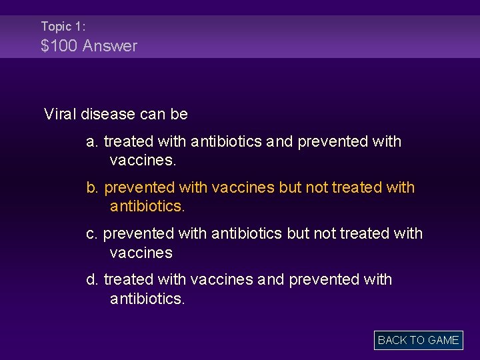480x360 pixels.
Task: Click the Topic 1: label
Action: (x=63, y=27)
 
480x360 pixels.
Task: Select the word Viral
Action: (x=60, y=114)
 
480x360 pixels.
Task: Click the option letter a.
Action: (x=92, y=141)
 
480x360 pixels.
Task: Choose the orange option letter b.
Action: (x=92, y=188)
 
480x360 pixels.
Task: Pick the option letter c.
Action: (x=91, y=233)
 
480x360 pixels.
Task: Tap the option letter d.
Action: (x=92, y=279)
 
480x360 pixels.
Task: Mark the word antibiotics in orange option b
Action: (x=146, y=207)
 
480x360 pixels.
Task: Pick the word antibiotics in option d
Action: (x=146, y=299)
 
